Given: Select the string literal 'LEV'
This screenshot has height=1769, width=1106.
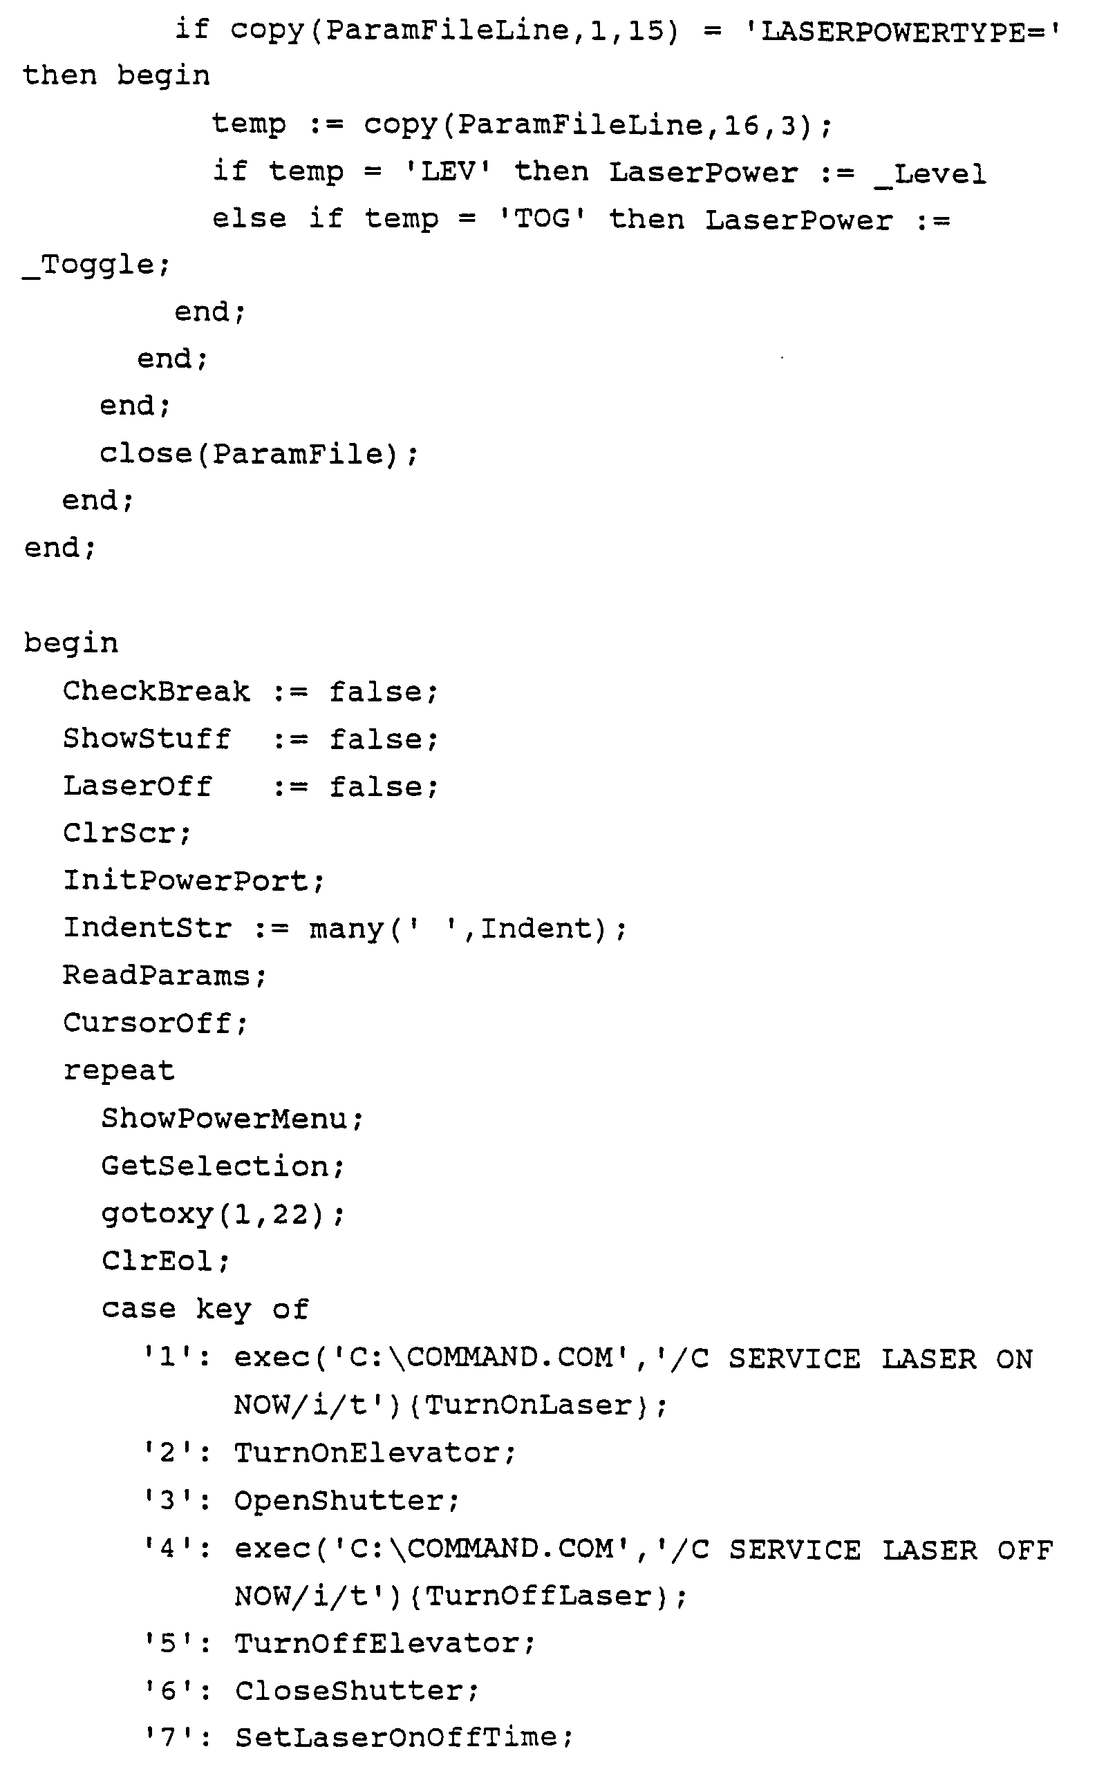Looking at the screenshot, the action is pyautogui.click(x=448, y=173).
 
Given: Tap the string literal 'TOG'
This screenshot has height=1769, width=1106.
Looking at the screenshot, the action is pyautogui.click(x=542, y=219).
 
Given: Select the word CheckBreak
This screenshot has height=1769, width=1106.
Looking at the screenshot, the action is pyautogui.click(x=156, y=692).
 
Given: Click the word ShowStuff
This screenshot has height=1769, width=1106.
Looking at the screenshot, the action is pyautogui.click(x=147, y=739).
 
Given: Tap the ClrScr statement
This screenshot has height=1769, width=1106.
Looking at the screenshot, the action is pyautogui.click(x=126, y=833).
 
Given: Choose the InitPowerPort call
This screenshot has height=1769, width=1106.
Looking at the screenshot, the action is pyautogui.click(x=192, y=881).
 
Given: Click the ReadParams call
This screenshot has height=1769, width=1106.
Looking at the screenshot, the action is pyautogui.click(x=164, y=976).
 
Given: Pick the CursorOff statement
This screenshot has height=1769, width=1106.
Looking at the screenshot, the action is pyautogui.click(x=155, y=1023).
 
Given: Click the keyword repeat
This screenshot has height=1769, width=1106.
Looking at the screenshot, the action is pyautogui.click(x=118, y=1071).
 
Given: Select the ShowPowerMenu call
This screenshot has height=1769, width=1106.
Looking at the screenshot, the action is pyautogui.click(x=231, y=1119).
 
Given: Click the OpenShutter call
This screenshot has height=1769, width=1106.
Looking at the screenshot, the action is pyautogui.click(x=345, y=1500).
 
